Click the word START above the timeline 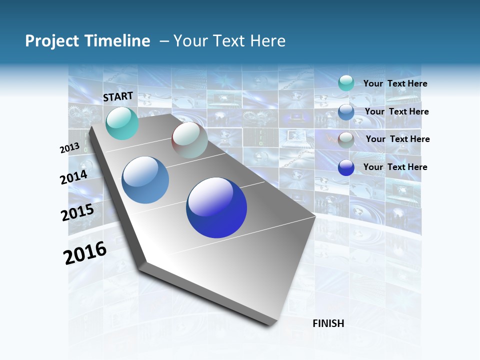(118, 96)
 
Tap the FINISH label (328, 323)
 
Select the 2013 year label (70, 148)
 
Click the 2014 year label (74, 177)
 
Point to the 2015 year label (77, 212)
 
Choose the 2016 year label (85, 253)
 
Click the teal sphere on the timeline (122, 123)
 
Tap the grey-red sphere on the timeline (189, 140)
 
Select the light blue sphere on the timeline (145, 180)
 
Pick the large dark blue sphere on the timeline (216, 207)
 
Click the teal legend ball (346, 83)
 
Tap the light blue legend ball (346, 112)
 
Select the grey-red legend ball (346, 140)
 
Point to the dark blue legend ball (346, 167)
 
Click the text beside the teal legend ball (395, 84)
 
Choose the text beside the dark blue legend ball (395, 167)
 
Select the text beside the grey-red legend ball (397, 139)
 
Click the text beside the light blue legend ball (396, 111)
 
